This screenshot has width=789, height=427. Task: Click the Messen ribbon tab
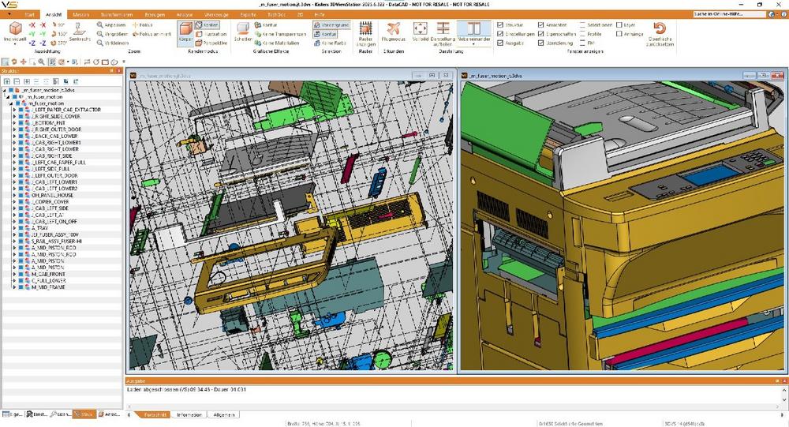[x=80, y=14]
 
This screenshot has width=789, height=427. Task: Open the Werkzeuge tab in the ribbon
[x=215, y=14]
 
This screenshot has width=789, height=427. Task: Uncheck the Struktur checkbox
[x=499, y=24]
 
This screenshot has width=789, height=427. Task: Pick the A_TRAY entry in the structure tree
[x=41, y=227]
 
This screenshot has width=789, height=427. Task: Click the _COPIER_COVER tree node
[x=50, y=201]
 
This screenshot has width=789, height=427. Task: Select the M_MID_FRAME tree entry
[x=48, y=287]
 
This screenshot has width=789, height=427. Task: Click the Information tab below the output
[x=189, y=414]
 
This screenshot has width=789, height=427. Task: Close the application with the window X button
[x=782, y=4]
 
